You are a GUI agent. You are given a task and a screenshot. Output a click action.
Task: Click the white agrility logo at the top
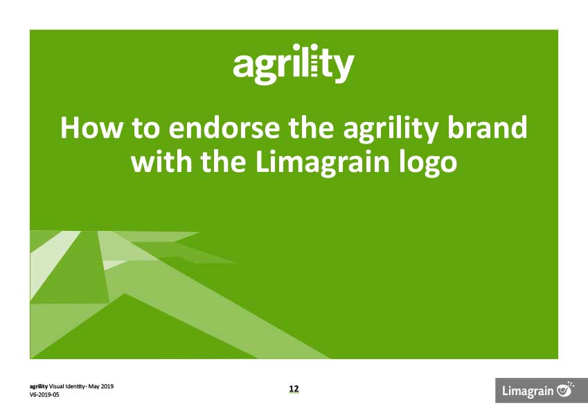click(x=294, y=64)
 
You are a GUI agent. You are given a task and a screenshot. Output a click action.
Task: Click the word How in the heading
click(x=91, y=128)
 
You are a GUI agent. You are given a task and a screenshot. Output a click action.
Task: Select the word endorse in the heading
click(x=224, y=128)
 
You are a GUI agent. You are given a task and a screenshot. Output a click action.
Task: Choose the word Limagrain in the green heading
click(x=323, y=163)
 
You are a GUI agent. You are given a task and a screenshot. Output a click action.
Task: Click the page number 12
click(x=294, y=388)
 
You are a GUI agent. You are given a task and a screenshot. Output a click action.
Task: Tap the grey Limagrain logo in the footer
click(x=542, y=390)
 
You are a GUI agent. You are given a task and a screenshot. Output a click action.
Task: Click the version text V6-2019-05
click(x=44, y=395)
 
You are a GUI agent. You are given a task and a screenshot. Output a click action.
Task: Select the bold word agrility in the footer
click(x=39, y=386)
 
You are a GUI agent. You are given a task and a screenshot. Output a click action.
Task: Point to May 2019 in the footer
click(x=101, y=386)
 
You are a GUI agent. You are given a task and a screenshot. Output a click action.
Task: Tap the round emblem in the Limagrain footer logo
click(x=565, y=389)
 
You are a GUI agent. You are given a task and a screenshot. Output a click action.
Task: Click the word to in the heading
click(x=145, y=128)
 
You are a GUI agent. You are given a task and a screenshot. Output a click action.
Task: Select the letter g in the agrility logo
click(x=266, y=69)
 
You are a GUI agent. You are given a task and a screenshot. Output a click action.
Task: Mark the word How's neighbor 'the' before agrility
click(x=311, y=128)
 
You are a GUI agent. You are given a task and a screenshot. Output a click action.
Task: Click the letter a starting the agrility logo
click(x=243, y=66)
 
